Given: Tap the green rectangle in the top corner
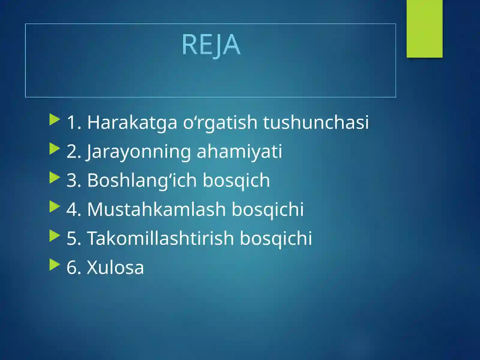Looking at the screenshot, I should (424, 28).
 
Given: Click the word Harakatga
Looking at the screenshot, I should (132, 122).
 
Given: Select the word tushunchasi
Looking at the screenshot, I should (316, 122).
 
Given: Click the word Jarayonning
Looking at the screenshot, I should (139, 151).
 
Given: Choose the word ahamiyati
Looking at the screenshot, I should (239, 151).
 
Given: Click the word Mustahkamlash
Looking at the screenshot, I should (156, 209).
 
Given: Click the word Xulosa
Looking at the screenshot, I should (115, 267).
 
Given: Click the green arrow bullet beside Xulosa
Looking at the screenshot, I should (55, 264).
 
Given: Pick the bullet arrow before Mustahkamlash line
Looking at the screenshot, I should (55, 206).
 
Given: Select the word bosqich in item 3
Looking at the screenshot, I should (236, 180).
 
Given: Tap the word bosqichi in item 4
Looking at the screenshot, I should (268, 209).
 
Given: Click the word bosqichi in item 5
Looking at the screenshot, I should (276, 238).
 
